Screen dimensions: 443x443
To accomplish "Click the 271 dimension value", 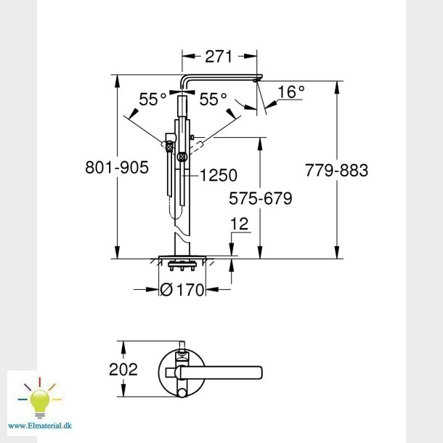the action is pos(218,57).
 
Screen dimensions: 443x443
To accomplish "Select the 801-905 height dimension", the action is pos(117,167).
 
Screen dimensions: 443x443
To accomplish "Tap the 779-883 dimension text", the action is pos(336,171).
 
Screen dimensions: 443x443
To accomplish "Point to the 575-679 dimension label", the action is pos(260,198).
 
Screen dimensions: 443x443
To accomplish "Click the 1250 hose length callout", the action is pos(219,175).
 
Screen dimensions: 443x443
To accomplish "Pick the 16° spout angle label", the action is pos(291,92).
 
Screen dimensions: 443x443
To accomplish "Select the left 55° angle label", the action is pos(153,99).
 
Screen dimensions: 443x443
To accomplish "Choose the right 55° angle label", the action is pos(213,99).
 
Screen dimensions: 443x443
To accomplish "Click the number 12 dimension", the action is pos(240,224).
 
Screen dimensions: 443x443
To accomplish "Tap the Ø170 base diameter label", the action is pos(182,290).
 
